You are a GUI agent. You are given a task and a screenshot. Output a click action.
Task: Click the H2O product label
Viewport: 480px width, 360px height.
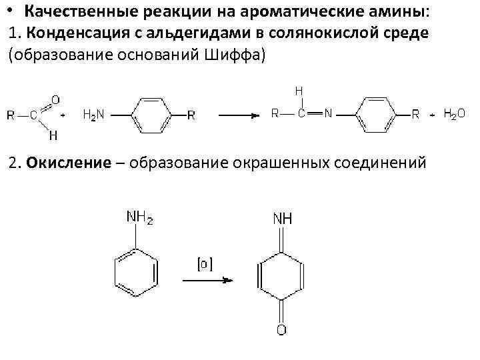pos(455,114)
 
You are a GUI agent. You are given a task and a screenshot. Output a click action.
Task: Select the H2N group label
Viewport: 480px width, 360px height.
pos(93,115)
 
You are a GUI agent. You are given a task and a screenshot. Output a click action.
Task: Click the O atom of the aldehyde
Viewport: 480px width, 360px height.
pos(55,99)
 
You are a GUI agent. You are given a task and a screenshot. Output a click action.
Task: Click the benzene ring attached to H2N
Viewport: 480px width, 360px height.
pos(152,115)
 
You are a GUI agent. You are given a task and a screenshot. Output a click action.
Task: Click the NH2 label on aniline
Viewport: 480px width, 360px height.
pos(139,217)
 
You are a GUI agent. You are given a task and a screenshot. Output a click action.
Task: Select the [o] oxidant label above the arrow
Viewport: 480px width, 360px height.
pos(203,264)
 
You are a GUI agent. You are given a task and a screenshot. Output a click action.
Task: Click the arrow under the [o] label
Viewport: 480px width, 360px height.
pos(207,280)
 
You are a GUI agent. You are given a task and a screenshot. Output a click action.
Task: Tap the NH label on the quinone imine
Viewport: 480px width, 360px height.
pos(282,218)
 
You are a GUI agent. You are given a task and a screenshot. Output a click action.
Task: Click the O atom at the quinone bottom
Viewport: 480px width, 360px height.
pos(281,329)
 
